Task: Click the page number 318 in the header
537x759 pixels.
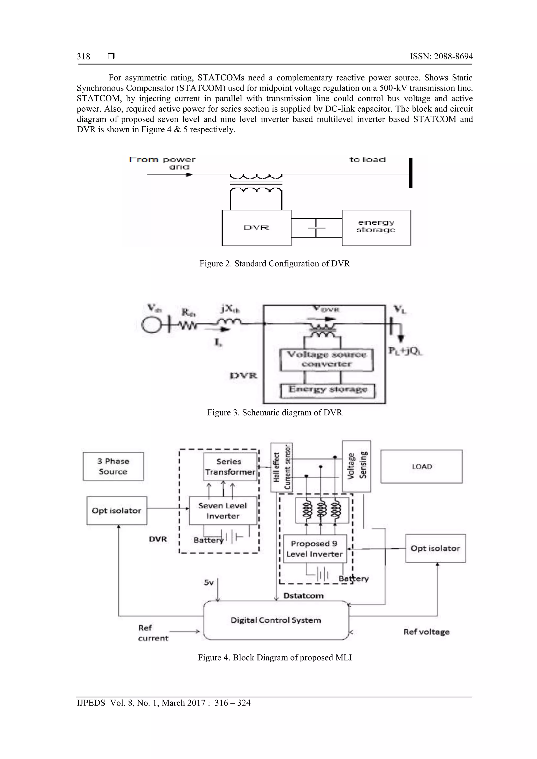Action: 83,57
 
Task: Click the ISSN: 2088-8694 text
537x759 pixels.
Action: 441,57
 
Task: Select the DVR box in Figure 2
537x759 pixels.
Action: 256,228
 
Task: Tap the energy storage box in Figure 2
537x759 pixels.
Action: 376,227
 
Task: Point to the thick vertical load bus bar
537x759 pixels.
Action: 411,173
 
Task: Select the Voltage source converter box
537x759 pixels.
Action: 326,359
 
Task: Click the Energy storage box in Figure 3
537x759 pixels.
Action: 327,390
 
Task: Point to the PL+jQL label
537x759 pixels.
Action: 406,351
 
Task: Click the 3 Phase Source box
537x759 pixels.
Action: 113,466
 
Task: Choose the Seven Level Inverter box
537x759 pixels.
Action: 223,510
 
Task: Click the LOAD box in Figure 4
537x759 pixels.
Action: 422,466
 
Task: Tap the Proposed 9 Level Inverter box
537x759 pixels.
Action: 314,549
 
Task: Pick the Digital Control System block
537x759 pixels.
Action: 276,620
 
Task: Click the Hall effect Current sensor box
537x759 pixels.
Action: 281,467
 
